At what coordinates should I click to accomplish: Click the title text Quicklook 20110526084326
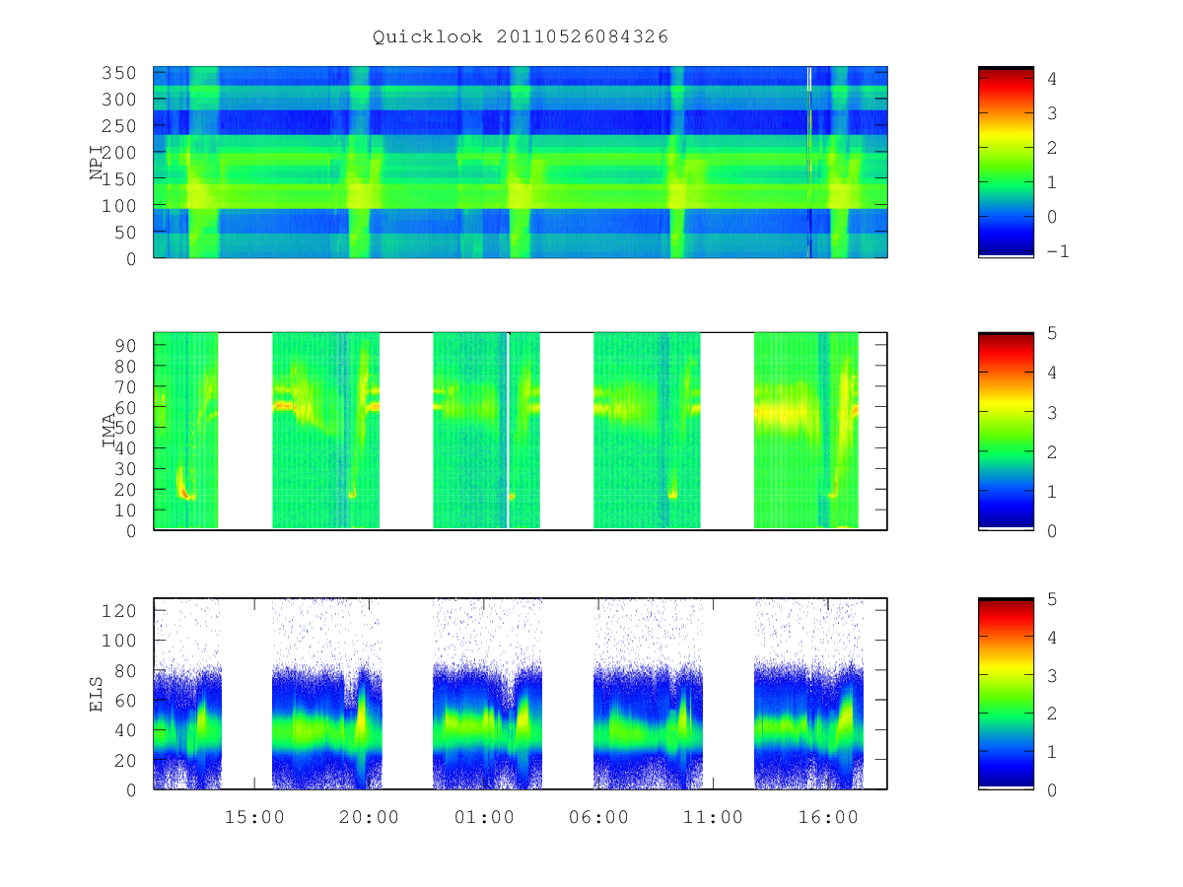pos(521,36)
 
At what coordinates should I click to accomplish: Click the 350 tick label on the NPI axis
pos(118,73)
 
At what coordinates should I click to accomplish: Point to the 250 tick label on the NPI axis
pos(118,126)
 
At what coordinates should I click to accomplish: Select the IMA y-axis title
pos(108,431)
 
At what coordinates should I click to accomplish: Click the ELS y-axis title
pos(96,694)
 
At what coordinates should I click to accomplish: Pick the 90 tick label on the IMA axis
pos(125,346)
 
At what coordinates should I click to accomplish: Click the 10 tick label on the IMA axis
pos(125,510)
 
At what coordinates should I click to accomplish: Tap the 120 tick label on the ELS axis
pos(118,611)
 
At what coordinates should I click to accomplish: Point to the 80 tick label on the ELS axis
pos(125,670)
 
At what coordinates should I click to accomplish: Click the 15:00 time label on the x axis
pos(254,817)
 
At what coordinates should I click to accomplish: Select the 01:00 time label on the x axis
pos(484,817)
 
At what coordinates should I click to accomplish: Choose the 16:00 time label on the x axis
pos(828,817)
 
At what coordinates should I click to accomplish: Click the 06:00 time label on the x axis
pos(598,817)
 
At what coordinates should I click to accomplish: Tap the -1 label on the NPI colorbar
pos(1058,251)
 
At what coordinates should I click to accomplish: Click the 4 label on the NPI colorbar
pos(1052,79)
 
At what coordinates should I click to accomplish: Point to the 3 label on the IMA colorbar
pos(1052,413)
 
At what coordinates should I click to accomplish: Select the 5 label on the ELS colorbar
pos(1052,599)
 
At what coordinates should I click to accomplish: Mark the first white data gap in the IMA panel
pos(245,431)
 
